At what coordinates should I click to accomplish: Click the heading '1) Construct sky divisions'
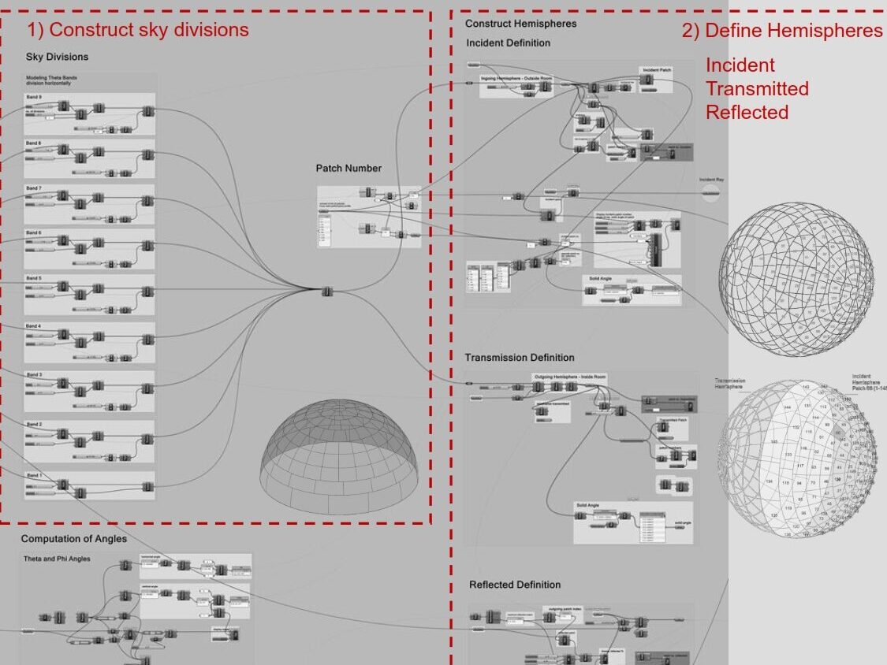(x=138, y=30)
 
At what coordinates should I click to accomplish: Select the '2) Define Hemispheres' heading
(x=781, y=30)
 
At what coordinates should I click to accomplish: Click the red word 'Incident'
(x=740, y=65)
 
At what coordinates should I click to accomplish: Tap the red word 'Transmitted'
(x=757, y=88)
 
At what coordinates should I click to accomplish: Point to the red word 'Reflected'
(x=747, y=112)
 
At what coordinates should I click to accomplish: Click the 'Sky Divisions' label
(x=57, y=57)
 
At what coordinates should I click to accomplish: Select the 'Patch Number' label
(x=348, y=168)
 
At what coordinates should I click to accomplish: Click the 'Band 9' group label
(x=33, y=97)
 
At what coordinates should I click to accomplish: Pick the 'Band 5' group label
(x=33, y=278)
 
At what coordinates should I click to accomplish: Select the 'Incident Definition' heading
(x=508, y=43)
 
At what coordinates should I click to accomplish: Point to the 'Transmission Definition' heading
(x=519, y=357)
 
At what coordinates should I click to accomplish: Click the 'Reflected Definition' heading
(x=514, y=585)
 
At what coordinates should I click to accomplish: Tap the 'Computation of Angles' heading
(x=73, y=539)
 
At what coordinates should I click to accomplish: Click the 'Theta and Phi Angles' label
(x=57, y=559)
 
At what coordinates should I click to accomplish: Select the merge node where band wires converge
(x=328, y=292)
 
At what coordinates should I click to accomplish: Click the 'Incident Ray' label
(x=711, y=180)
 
